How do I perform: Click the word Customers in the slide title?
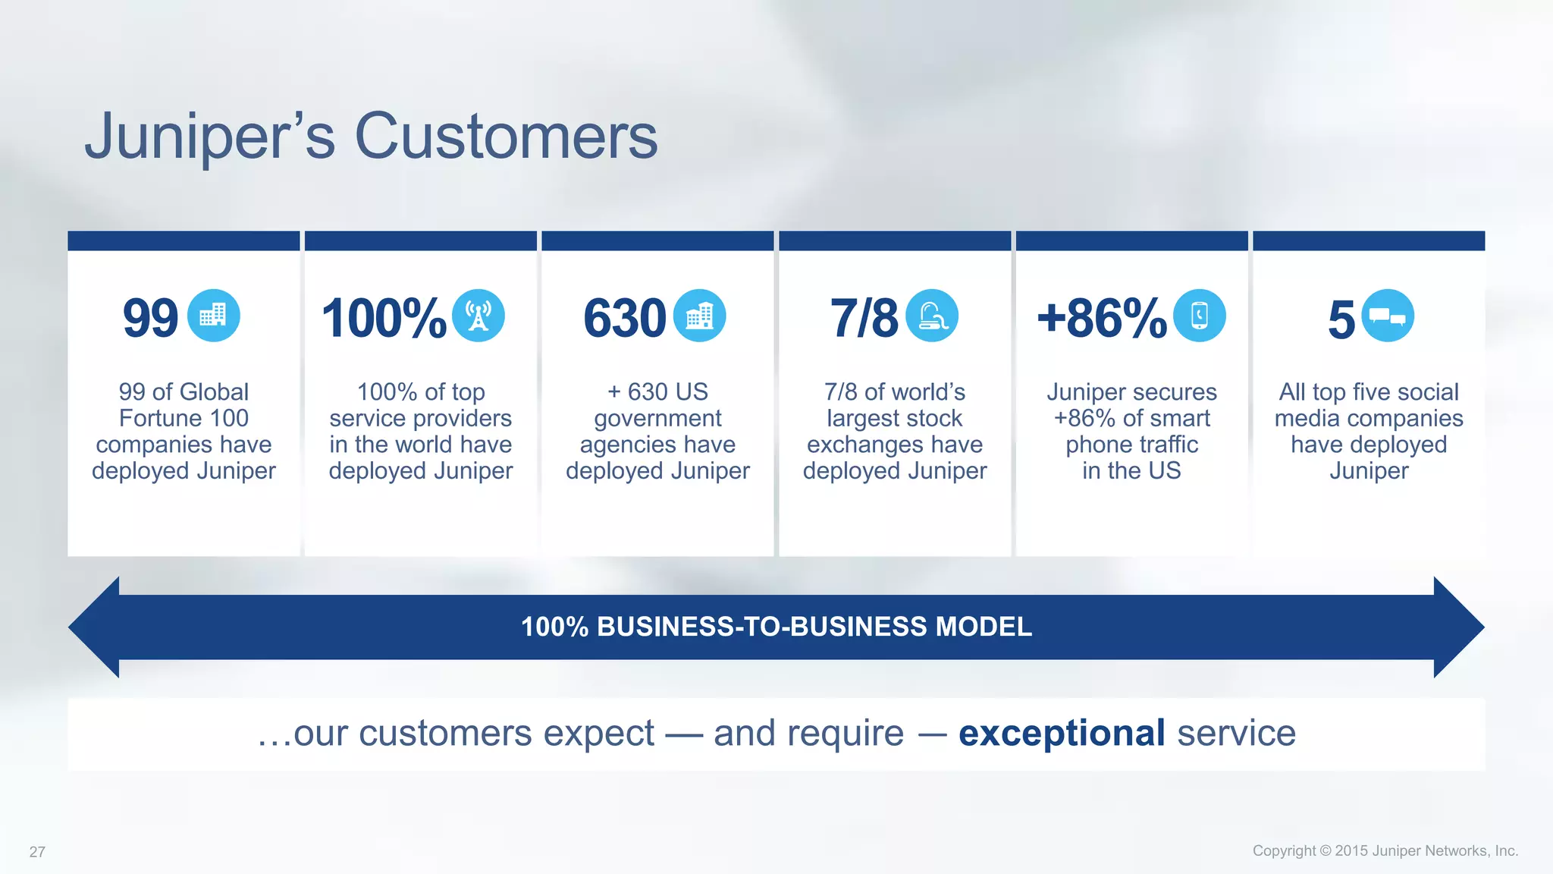pyautogui.click(x=506, y=137)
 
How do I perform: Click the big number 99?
pyautogui.click(x=150, y=318)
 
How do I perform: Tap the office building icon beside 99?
pyautogui.click(x=213, y=316)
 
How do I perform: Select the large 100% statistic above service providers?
pyautogui.click(x=384, y=318)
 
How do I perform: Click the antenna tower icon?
pyautogui.click(x=478, y=316)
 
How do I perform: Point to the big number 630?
pyautogui.click(x=624, y=318)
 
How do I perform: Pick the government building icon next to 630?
pyautogui.click(x=699, y=316)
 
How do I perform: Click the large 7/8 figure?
pyautogui.click(x=864, y=318)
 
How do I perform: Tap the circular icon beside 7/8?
pyautogui.click(x=932, y=316)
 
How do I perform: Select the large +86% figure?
pyautogui.click(x=1102, y=318)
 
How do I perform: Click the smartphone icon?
pyautogui.click(x=1199, y=316)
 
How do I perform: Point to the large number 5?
pyautogui.click(x=1341, y=319)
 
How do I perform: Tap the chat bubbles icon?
pyautogui.click(x=1388, y=316)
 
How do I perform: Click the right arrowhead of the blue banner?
pyautogui.click(x=1457, y=627)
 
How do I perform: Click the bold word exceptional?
pyautogui.click(x=1062, y=733)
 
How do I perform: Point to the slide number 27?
pyautogui.click(x=37, y=852)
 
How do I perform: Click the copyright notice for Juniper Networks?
pyautogui.click(x=1385, y=850)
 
